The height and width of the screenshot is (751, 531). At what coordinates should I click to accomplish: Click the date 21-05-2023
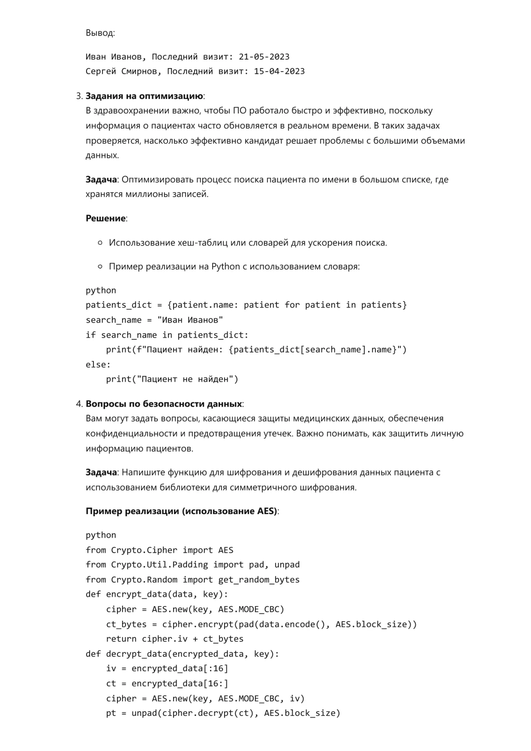(x=264, y=57)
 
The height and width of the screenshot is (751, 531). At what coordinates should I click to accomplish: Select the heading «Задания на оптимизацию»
(x=144, y=96)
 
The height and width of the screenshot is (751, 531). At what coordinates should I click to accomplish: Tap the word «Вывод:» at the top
(x=100, y=33)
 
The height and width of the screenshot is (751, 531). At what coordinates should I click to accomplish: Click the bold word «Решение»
(x=105, y=218)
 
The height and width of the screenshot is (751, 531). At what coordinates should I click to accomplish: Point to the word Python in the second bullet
(x=225, y=266)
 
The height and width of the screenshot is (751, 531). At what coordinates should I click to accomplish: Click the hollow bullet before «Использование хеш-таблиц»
(x=100, y=243)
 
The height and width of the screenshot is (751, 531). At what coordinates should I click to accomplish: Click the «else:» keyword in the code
(x=98, y=365)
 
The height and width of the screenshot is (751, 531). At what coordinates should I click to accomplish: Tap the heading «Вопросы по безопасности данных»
(x=164, y=404)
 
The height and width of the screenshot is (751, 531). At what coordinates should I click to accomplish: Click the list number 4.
(x=79, y=404)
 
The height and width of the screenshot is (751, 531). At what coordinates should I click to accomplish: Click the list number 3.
(x=79, y=96)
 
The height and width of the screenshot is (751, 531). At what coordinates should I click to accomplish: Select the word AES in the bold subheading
(x=267, y=511)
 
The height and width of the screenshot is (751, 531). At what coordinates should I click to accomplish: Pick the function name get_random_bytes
(x=259, y=580)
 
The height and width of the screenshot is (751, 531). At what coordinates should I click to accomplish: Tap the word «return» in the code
(x=121, y=639)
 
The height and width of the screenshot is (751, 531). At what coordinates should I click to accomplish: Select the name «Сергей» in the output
(x=101, y=71)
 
